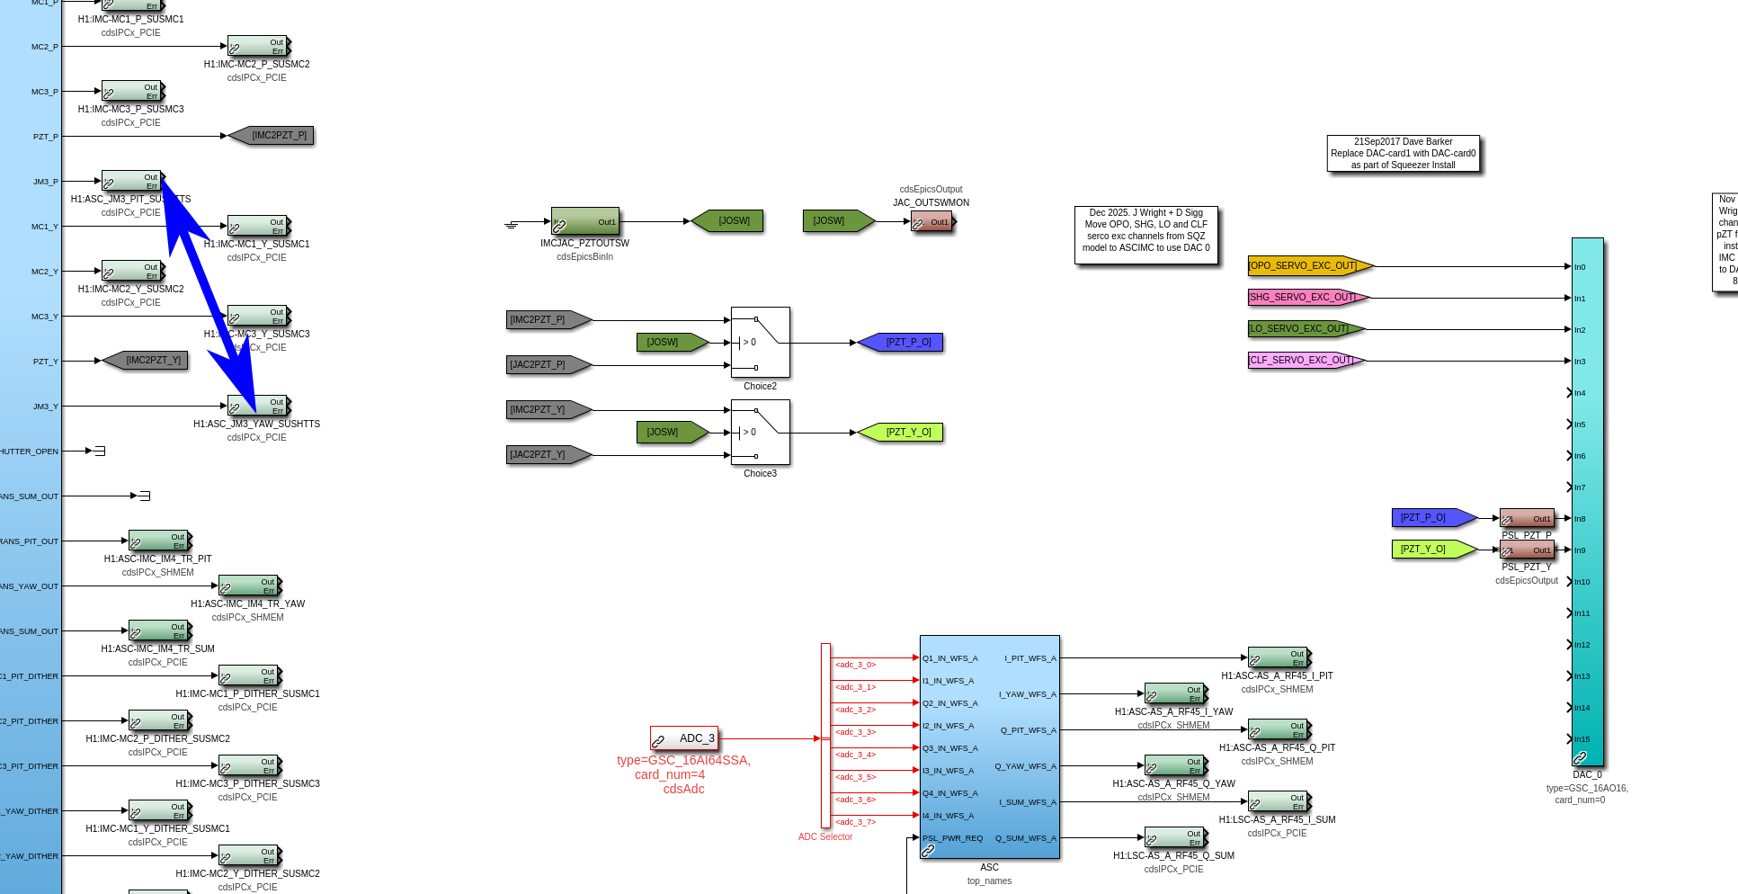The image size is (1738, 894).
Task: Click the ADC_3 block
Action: click(683, 738)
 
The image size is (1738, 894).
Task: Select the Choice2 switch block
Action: click(760, 342)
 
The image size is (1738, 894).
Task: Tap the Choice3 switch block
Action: click(760, 432)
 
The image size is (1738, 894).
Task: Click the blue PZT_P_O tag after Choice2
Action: click(901, 342)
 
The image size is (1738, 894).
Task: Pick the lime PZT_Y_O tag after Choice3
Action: click(901, 432)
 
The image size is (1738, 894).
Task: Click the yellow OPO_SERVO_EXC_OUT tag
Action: click(1309, 265)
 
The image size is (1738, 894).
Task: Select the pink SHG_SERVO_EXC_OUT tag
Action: click(1306, 297)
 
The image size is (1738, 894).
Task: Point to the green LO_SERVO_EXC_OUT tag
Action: click(1305, 328)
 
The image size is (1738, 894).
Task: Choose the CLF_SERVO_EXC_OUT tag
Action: click(1305, 360)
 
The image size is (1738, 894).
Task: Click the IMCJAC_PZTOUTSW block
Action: click(584, 221)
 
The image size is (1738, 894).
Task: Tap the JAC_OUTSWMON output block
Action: click(931, 221)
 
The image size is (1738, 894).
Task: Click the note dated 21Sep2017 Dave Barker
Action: click(1403, 153)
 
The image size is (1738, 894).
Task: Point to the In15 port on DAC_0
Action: click(1582, 739)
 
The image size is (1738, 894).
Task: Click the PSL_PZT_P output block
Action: click(1526, 518)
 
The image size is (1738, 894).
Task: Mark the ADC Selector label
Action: click(824, 836)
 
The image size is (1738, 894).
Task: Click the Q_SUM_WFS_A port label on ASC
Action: click(1025, 838)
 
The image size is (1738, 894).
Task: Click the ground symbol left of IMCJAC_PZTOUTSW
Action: click(512, 224)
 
